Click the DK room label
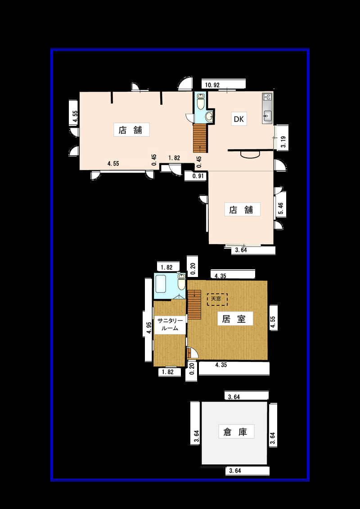coord(239,119)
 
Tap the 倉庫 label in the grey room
coord(235,432)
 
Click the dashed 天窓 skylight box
coord(217,299)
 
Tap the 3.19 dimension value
coord(283,142)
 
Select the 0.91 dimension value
coord(198,177)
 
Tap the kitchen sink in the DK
coord(267,116)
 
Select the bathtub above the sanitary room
coord(161,283)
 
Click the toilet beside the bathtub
coord(181,281)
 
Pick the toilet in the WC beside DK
coord(201,101)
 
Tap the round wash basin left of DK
coord(209,116)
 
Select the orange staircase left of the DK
coord(200,138)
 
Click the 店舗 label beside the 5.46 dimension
coord(243,210)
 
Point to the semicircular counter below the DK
coord(250,155)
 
